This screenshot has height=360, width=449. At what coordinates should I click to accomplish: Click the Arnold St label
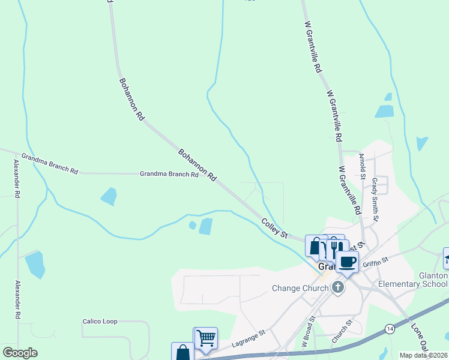[362, 166]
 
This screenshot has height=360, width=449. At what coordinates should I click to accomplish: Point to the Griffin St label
[376, 260]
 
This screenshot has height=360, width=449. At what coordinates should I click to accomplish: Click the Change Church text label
[301, 287]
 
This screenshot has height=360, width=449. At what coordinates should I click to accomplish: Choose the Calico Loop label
[100, 322]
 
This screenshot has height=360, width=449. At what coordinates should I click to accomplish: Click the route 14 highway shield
[390, 329]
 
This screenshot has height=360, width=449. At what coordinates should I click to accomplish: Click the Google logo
[20, 353]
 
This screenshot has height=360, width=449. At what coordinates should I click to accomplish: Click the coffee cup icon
[347, 262]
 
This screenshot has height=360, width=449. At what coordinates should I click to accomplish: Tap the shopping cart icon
[205, 338]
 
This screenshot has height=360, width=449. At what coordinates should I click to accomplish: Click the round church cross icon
[338, 287]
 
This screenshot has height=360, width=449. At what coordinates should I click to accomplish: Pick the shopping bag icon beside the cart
[182, 352]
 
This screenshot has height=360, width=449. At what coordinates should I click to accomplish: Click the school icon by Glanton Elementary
[447, 258]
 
